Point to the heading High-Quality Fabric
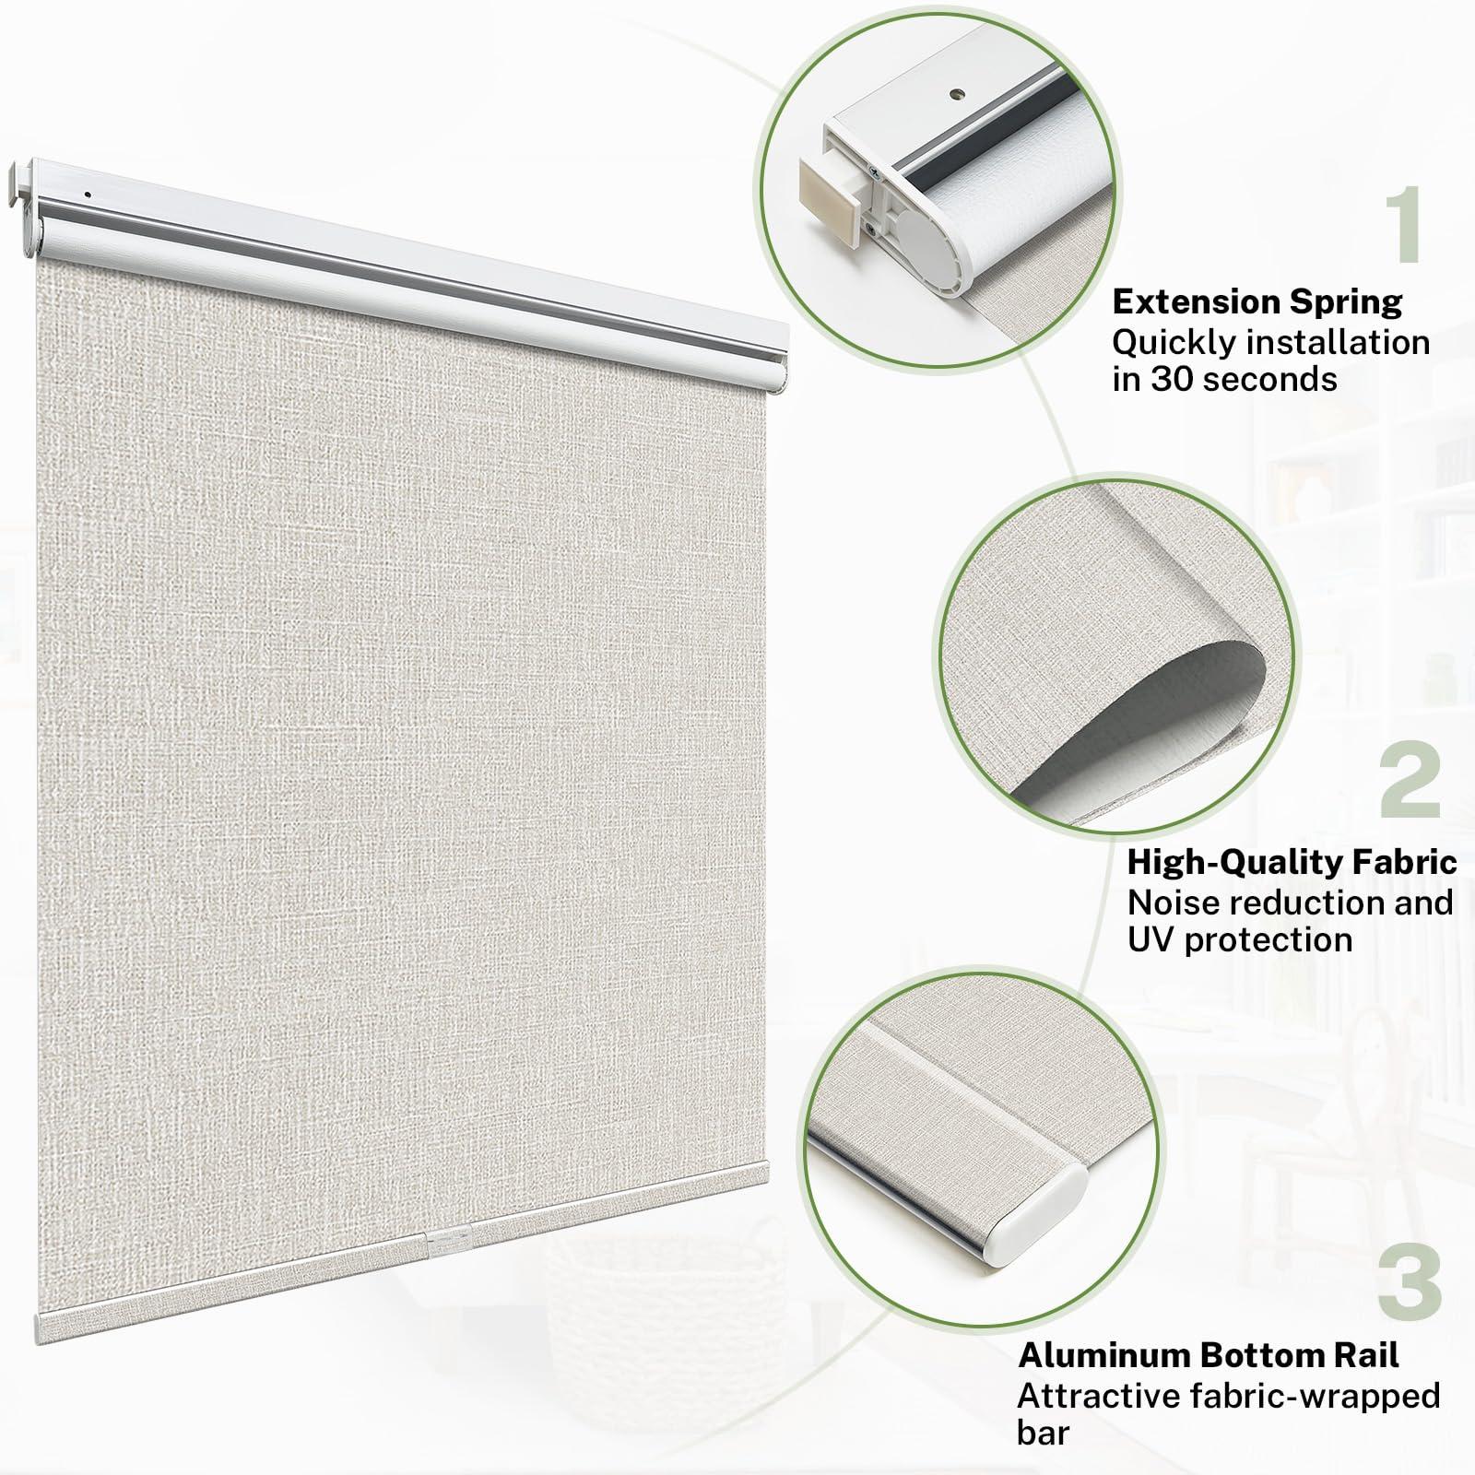click(1292, 862)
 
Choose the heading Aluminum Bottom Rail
click(1208, 1355)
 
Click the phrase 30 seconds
click(1244, 379)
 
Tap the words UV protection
click(1240, 940)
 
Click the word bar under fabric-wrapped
click(1043, 1434)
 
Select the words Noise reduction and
click(1290, 902)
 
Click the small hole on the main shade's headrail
click(86, 195)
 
